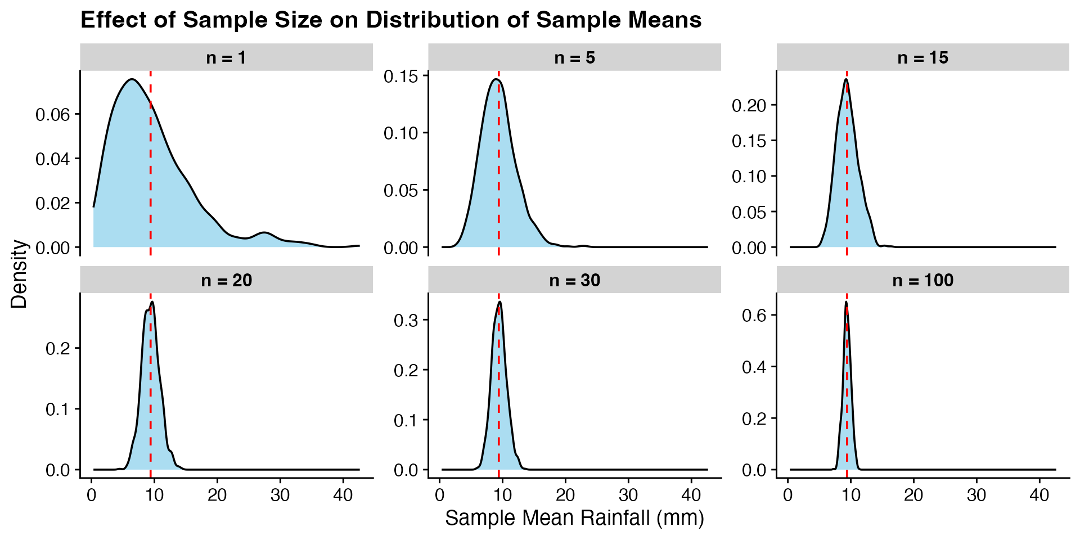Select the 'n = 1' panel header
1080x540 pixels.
click(x=226, y=57)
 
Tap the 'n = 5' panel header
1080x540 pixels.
click(x=574, y=57)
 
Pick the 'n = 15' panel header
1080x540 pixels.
click(x=922, y=57)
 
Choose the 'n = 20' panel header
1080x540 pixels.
click(x=226, y=280)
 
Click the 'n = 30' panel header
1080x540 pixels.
click(x=574, y=280)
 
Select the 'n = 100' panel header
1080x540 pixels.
click(x=922, y=280)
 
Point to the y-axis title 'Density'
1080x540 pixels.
click(x=19, y=274)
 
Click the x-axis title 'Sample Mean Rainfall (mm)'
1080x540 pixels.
click(x=574, y=517)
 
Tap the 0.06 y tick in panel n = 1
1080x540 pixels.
click(x=53, y=115)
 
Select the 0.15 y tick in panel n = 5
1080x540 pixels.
click(x=401, y=76)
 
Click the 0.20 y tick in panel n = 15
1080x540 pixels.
click(x=749, y=105)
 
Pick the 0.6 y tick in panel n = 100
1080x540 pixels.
click(x=754, y=315)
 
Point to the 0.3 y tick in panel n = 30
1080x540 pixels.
click(x=406, y=321)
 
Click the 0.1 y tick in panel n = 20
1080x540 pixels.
click(x=58, y=409)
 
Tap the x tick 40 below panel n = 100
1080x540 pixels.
click(x=1039, y=495)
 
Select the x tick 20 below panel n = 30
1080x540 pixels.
click(x=565, y=495)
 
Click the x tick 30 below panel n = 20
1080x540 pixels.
click(x=280, y=495)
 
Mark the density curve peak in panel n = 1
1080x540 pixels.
click(x=132, y=79)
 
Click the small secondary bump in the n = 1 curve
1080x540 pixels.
click(x=264, y=232)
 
